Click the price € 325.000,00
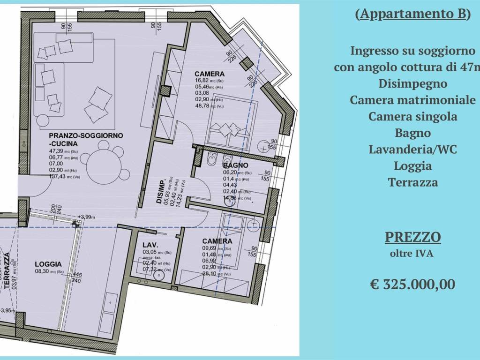(412, 284)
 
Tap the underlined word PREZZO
(412, 237)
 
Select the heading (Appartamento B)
(412, 14)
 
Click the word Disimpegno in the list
(412, 84)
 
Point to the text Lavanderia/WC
(412, 150)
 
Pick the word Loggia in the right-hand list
(412, 165)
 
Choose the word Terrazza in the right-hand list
(412, 182)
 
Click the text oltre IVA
(412, 254)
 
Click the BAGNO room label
(235, 165)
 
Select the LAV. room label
(150, 245)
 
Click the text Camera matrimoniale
(412, 100)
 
